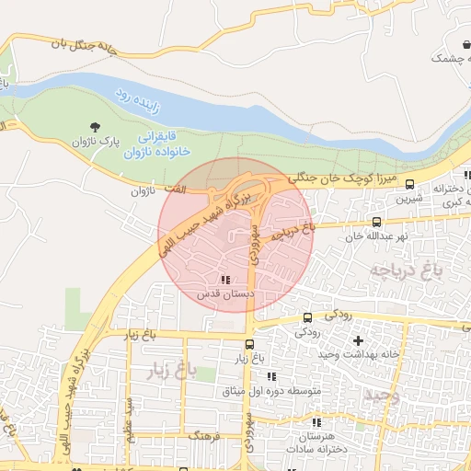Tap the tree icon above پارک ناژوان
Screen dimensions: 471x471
tap(95, 126)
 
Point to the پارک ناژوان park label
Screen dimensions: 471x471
tap(98, 143)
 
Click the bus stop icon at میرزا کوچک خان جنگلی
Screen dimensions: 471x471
tap(409, 182)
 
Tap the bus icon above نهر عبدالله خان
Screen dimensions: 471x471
tap(376, 222)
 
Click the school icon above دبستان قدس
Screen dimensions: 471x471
tap(225, 280)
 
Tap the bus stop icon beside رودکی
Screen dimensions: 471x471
tap(307, 317)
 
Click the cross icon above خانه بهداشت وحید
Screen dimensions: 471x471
tap(358, 340)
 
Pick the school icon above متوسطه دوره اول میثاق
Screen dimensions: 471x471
tap(270, 376)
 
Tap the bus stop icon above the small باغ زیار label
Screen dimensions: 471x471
tap(249, 344)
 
